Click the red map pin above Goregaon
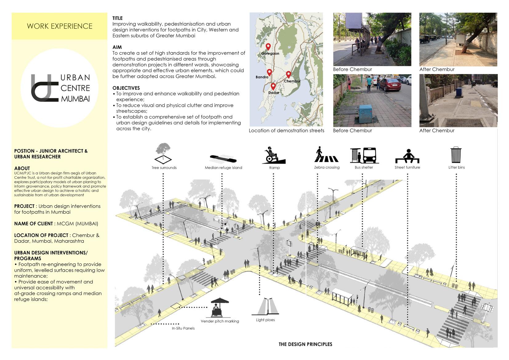point(268,46)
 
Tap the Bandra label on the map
point(262,77)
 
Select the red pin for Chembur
point(288,74)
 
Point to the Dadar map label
point(274,93)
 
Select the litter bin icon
point(456,154)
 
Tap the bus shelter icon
point(364,155)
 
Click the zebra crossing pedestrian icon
point(326,154)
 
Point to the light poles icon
point(265,306)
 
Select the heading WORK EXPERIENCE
point(59,26)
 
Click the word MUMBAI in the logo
point(75,99)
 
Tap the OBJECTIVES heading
point(126,88)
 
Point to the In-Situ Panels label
point(183,328)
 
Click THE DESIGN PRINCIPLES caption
point(305,344)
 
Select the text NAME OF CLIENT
point(34,224)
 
